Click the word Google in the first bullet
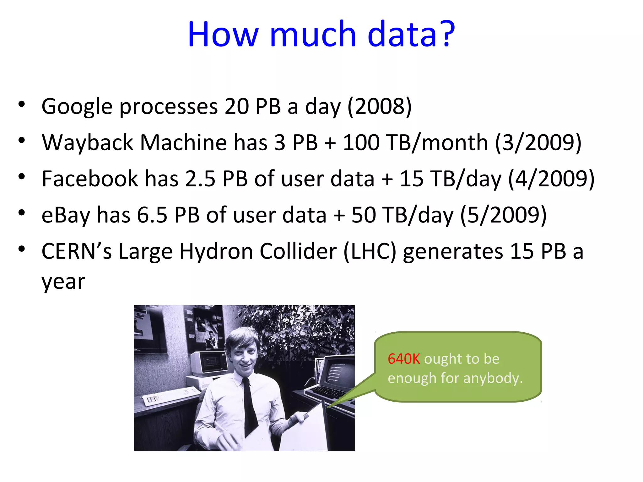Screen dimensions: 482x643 point(77,107)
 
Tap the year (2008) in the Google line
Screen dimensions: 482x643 point(379,107)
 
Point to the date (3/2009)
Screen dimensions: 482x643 point(538,143)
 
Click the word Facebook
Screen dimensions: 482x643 point(89,179)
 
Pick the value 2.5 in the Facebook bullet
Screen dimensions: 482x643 point(200,179)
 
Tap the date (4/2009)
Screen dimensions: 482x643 point(551,179)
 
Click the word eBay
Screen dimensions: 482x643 point(66,215)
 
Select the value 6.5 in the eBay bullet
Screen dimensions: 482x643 point(152,215)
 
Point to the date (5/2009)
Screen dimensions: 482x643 point(503,215)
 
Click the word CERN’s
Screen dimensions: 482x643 point(77,252)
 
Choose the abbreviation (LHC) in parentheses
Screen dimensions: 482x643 point(370,252)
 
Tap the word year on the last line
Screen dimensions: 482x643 point(63,282)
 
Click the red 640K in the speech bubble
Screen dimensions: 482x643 point(404,359)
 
